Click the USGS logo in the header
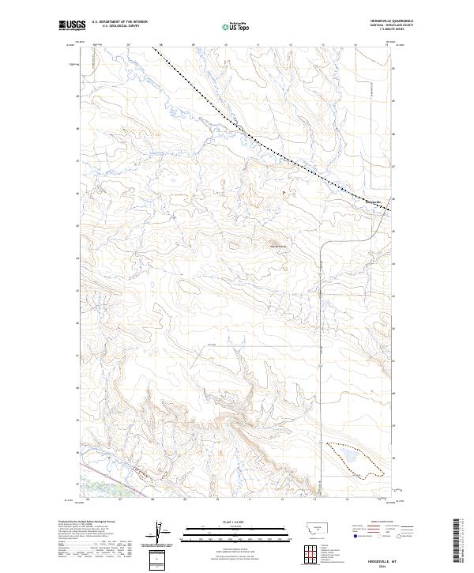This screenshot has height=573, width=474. pyautogui.click(x=71, y=25)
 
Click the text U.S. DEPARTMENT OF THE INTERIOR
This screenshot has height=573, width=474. pyautogui.click(x=119, y=21)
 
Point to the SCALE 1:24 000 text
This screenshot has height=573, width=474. pyautogui.click(x=236, y=522)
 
